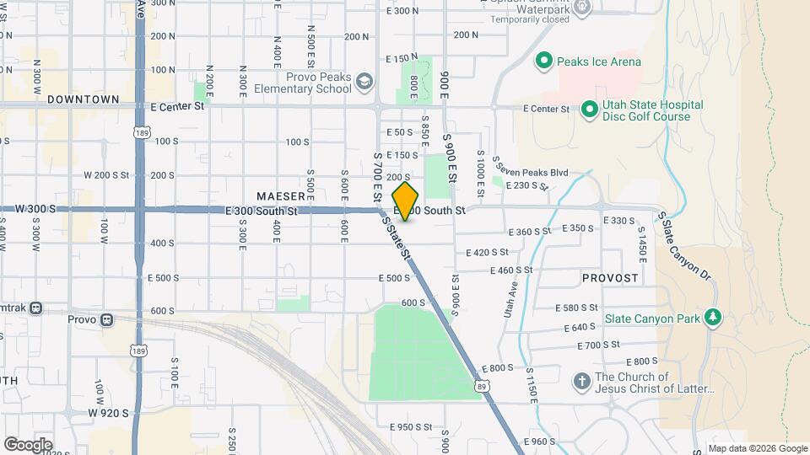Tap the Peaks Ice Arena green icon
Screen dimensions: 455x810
544,61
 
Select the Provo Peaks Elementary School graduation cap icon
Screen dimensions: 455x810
364,82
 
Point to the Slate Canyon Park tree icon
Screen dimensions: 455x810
714,317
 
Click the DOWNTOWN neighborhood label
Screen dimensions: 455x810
83,99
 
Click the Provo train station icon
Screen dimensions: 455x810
106,319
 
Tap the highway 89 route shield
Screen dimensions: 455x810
480,385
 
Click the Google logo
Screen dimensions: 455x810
28,444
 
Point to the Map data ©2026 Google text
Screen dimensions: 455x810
757,448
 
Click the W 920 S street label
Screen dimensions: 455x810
108,413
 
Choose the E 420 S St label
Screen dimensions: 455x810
488,252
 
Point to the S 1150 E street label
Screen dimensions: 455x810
532,386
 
